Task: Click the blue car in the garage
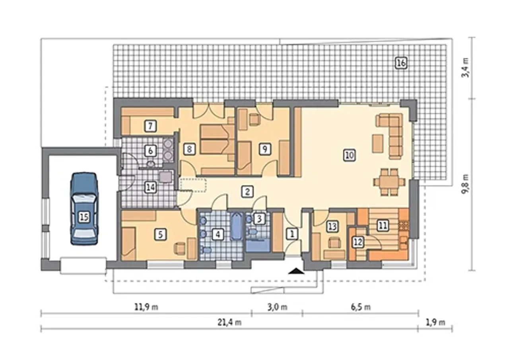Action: (x=84, y=209)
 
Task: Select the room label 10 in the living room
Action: (x=350, y=155)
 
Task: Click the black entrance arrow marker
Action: (x=296, y=271)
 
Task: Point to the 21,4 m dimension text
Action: (x=229, y=322)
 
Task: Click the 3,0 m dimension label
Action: (x=277, y=307)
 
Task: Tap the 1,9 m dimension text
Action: (x=435, y=322)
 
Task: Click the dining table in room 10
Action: (x=389, y=182)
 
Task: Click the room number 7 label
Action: (x=150, y=126)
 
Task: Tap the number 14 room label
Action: (x=151, y=188)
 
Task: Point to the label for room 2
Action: (x=247, y=192)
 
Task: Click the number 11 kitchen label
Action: (x=383, y=226)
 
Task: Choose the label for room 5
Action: (x=160, y=234)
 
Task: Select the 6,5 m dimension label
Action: (x=361, y=307)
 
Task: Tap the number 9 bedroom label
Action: (x=264, y=149)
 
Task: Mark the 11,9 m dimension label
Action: (x=146, y=307)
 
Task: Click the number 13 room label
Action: (x=332, y=226)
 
